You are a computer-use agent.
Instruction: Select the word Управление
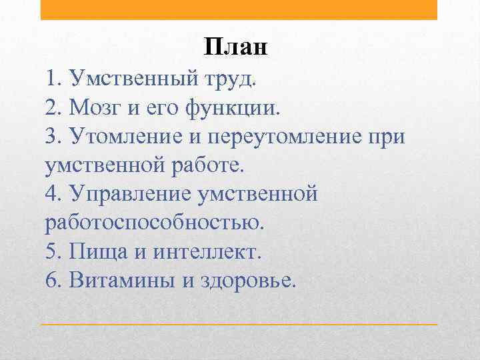[x=136, y=194]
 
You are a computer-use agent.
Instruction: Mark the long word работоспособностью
[x=155, y=223]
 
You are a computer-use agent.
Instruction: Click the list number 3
[x=53, y=137]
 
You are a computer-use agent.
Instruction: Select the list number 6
[x=53, y=280]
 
